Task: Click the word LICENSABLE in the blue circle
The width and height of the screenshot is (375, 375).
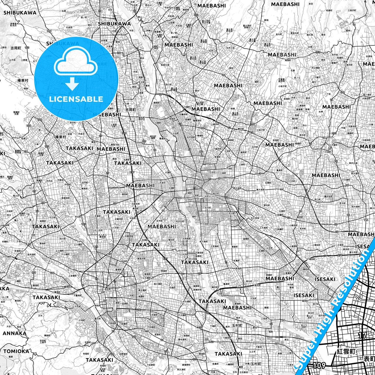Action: tap(76, 99)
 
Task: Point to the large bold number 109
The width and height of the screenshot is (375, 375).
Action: tap(319, 365)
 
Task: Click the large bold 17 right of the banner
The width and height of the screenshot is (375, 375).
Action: tap(362, 335)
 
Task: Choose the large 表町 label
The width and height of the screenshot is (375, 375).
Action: tap(369, 359)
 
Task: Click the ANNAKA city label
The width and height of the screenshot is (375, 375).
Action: tap(15, 333)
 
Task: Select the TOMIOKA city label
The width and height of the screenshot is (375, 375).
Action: tap(16, 351)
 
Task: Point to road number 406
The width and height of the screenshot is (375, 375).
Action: tap(52, 273)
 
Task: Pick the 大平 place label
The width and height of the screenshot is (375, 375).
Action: tap(40, 316)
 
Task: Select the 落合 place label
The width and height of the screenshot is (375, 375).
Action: tap(323, 35)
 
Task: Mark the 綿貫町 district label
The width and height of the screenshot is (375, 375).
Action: tap(200, 328)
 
